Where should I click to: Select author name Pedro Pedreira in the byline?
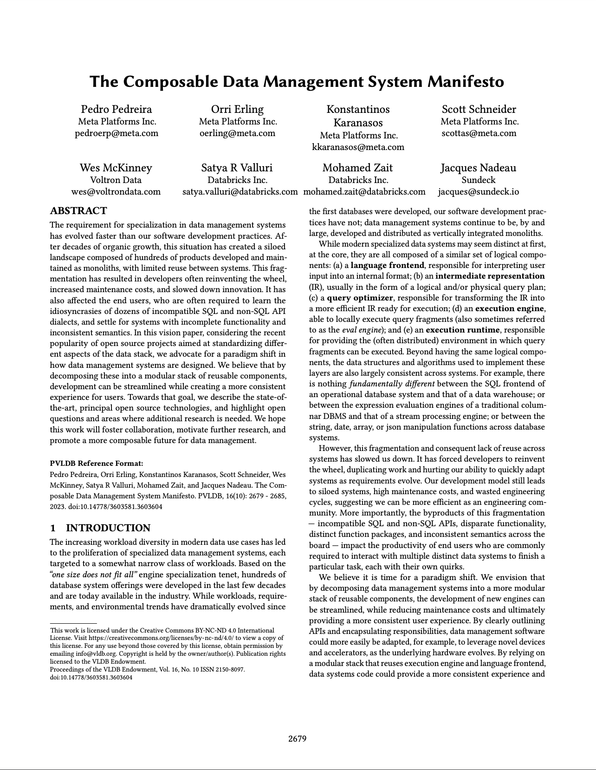(x=117, y=109)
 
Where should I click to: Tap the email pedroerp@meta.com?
(x=117, y=133)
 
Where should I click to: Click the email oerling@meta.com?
(x=237, y=133)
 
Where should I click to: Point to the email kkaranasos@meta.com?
(x=358, y=147)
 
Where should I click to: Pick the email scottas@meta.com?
(x=479, y=133)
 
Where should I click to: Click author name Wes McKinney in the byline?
(x=116, y=168)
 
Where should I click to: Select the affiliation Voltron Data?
(x=116, y=180)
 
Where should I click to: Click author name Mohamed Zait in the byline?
(x=357, y=168)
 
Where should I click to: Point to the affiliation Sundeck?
(x=478, y=180)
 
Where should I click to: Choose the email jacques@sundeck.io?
(x=478, y=192)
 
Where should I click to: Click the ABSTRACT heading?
(x=78, y=211)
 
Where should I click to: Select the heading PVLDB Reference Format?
(x=97, y=463)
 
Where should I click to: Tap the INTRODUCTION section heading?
(x=108, y=528)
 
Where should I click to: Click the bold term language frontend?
(x=387, y=265)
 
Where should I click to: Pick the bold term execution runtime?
(x=462, y=330)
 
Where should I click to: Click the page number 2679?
(x=298, y=739)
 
